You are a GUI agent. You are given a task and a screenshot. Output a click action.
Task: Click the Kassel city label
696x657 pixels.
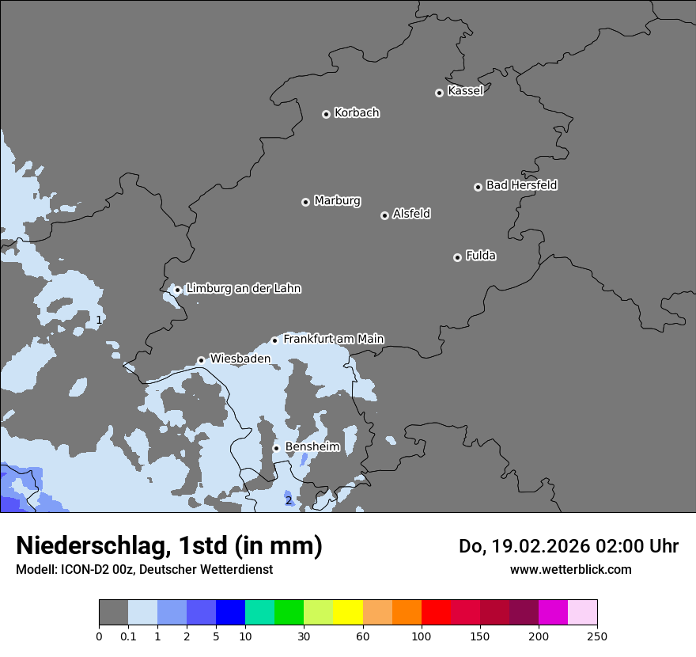(x=465, y=91)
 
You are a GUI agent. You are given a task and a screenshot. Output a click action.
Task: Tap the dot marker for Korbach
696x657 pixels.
(x=326, y=114)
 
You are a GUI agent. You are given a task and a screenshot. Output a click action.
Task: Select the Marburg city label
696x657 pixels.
(x=337, y=201)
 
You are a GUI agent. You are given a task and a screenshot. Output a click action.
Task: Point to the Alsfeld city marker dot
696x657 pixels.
(x=384, y=215)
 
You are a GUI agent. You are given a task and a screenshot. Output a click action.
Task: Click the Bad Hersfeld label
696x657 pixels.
(x=521, y=185)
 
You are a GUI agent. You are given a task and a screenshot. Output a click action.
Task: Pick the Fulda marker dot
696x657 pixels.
(x=457, y=257)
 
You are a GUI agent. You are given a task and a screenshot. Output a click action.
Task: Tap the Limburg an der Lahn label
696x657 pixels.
(x=243, y=289)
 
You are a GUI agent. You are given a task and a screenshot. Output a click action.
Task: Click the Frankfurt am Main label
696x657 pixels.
(x=333, y=339)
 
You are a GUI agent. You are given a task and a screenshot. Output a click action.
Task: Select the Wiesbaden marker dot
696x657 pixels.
(x=201, y=360)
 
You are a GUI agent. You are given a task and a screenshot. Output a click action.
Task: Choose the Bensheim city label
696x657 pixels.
(x=312, y=447)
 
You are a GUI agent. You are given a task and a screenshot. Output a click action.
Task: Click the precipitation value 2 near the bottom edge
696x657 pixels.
(x=288, y=500)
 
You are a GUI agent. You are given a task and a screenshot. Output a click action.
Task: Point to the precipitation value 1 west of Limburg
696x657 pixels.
(x=99, y=321)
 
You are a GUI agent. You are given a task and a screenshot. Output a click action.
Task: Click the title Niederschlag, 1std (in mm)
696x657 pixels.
(x=169, y=545)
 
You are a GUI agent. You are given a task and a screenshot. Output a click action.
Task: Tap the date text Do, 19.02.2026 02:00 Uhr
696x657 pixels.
(x=569, y=546)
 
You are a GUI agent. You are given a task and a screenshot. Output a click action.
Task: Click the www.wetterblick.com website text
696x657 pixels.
(x=570, y=569)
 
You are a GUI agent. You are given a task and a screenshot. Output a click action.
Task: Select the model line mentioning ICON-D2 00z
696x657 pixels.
(x=144, y=569)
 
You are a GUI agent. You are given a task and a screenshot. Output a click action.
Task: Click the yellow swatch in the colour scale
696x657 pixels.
(x=348, y=613)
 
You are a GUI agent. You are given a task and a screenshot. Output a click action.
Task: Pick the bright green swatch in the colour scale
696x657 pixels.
(x=289, y=613)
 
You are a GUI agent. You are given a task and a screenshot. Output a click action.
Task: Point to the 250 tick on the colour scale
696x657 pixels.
(x=596, y=636)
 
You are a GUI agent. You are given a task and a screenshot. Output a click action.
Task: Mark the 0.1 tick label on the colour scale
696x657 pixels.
(x=128, y=636)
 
